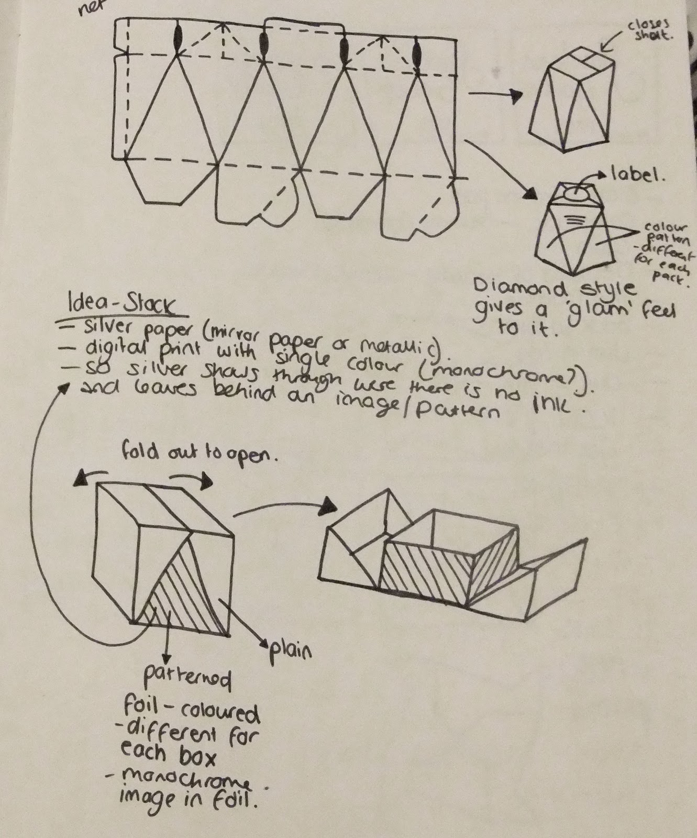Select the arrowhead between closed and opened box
pos(329,505)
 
